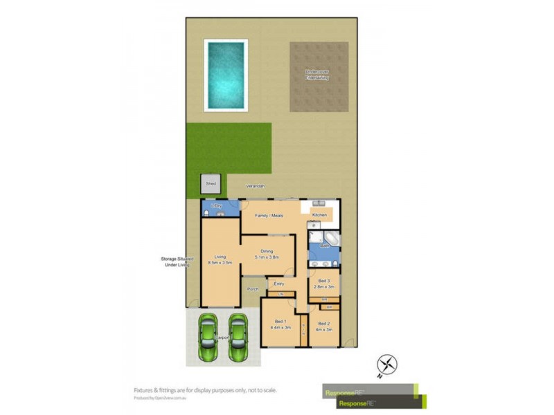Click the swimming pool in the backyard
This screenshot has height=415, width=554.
226,75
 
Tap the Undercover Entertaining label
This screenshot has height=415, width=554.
318,75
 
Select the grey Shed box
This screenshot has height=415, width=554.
211,184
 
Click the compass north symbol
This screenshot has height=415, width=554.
388,364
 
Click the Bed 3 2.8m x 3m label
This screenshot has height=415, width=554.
324,284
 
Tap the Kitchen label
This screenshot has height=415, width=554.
319,216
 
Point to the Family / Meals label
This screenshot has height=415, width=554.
272,216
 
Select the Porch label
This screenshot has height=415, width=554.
253,289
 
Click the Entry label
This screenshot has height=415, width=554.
279,284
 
